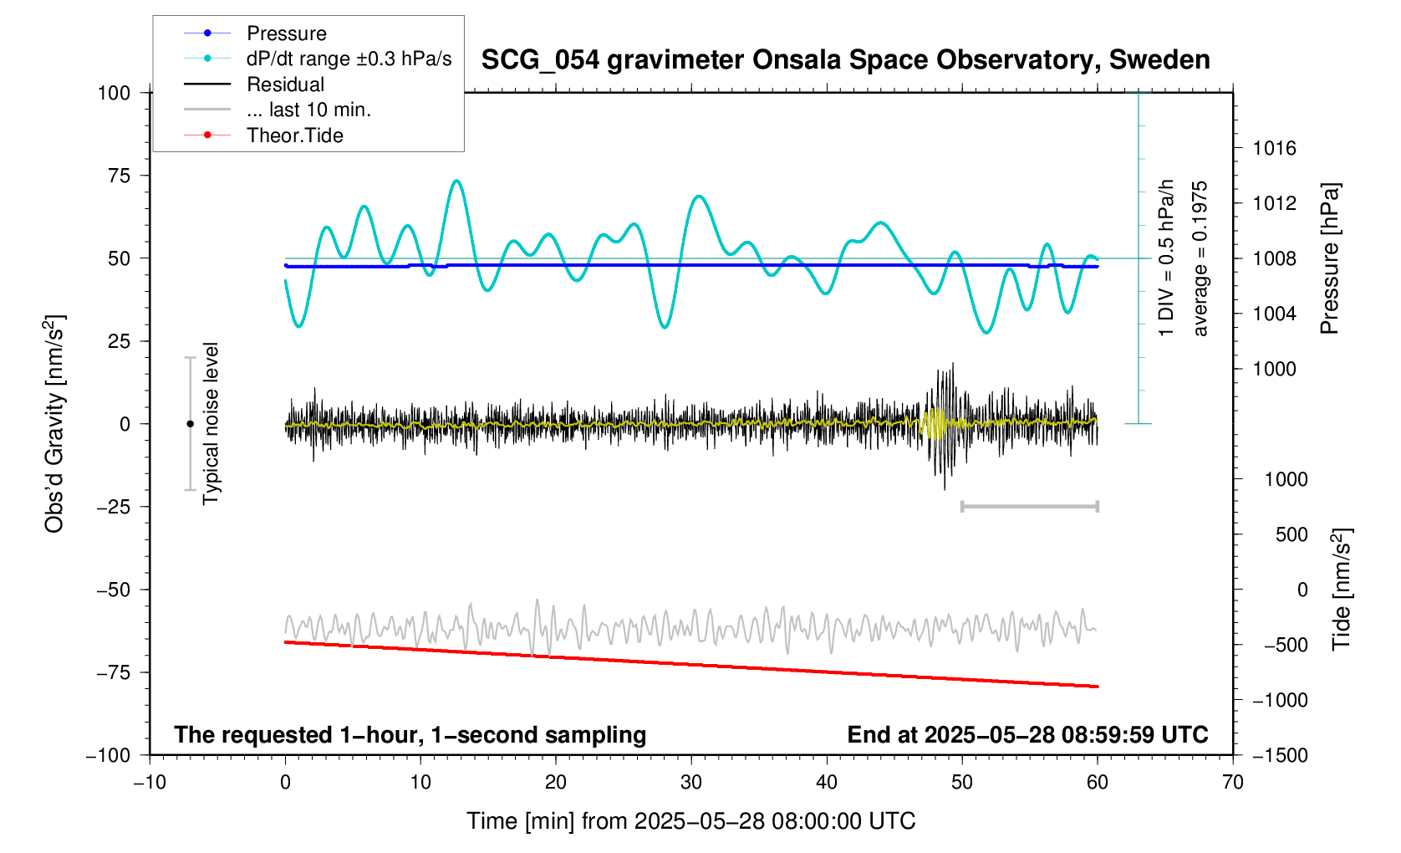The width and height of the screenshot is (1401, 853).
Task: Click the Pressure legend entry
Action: pyautogui.click(x=286, y=33)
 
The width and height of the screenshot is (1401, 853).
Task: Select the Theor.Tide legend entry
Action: pyautogui.click(x=294, y=135)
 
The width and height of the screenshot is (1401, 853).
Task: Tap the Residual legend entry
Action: pyautogui.click(x=285, y=84)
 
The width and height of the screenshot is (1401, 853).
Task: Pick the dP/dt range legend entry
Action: pyautogui.click(x=349, y=59)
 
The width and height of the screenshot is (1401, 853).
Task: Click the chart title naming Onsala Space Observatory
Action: pyautogui.click(x=845, y=60)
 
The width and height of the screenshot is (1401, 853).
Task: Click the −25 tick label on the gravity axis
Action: pyautogui.click(x=112, y=507)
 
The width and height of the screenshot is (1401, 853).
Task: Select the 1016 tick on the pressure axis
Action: pyautogui.click(x=1274, y=149)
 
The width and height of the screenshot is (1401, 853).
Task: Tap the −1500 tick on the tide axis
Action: pyautogui.click(x=1279, y=755)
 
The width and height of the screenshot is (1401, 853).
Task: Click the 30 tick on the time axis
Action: pyautogui.click(x=691, y=783)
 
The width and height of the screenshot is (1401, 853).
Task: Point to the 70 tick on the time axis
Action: pyautogui.click(x=1232, y=783)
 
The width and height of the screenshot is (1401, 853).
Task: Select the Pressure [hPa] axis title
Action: pyautogui.click(x=1330, y=258)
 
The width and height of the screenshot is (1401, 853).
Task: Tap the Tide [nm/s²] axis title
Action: pyautogui.click(x=1342, y=590)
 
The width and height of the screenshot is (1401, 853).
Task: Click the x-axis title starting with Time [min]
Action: pyautogui.click(x=690, y=821)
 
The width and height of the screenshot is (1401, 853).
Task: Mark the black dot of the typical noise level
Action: pyautogui.click(x=190, y=424)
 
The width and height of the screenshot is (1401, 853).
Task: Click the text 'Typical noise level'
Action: pyautogui.click(x=211, y=423)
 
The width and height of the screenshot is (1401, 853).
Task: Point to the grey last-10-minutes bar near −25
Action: pyautogui.click(x=1029, y=506)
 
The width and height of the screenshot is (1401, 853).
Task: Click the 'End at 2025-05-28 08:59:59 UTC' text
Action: pyautogui.click(x=1027, y=735)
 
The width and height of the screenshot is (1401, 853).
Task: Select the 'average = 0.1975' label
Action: pyautogui.click(x=1200, y=258)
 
